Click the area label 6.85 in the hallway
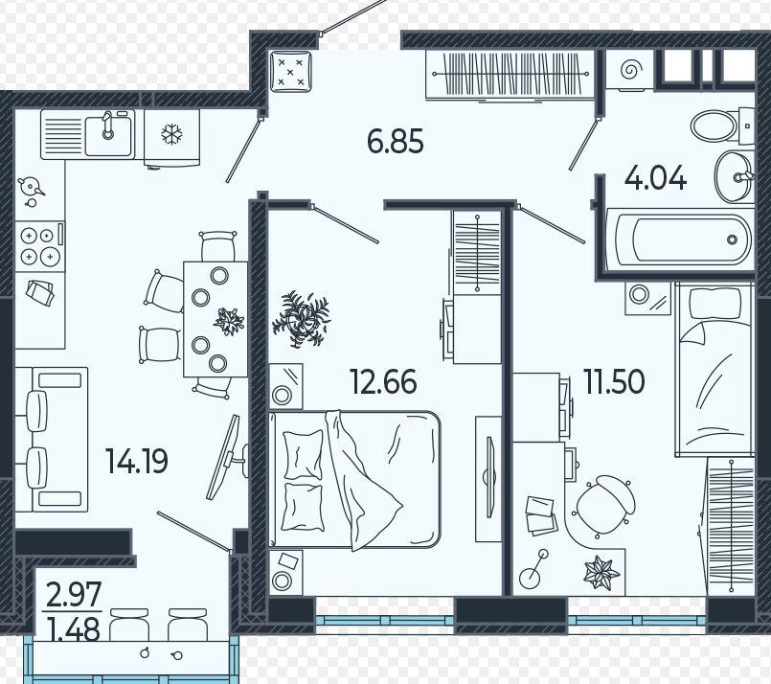coord(395,141)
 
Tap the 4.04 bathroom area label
coord(655,178)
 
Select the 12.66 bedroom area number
coord(383,382)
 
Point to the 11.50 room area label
coord(614,381)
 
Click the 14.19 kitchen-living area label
coord(137,461)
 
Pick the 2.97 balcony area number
coord(74,594)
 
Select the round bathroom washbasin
coord(734,176)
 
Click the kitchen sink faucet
coord(107,125)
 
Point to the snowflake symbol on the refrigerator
coord(172,133)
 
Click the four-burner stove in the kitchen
coord(39,246)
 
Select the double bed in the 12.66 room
coord(354,479)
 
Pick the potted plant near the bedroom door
coord(302,319)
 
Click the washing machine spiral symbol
coord(629,70)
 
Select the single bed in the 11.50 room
coord(714,370)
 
